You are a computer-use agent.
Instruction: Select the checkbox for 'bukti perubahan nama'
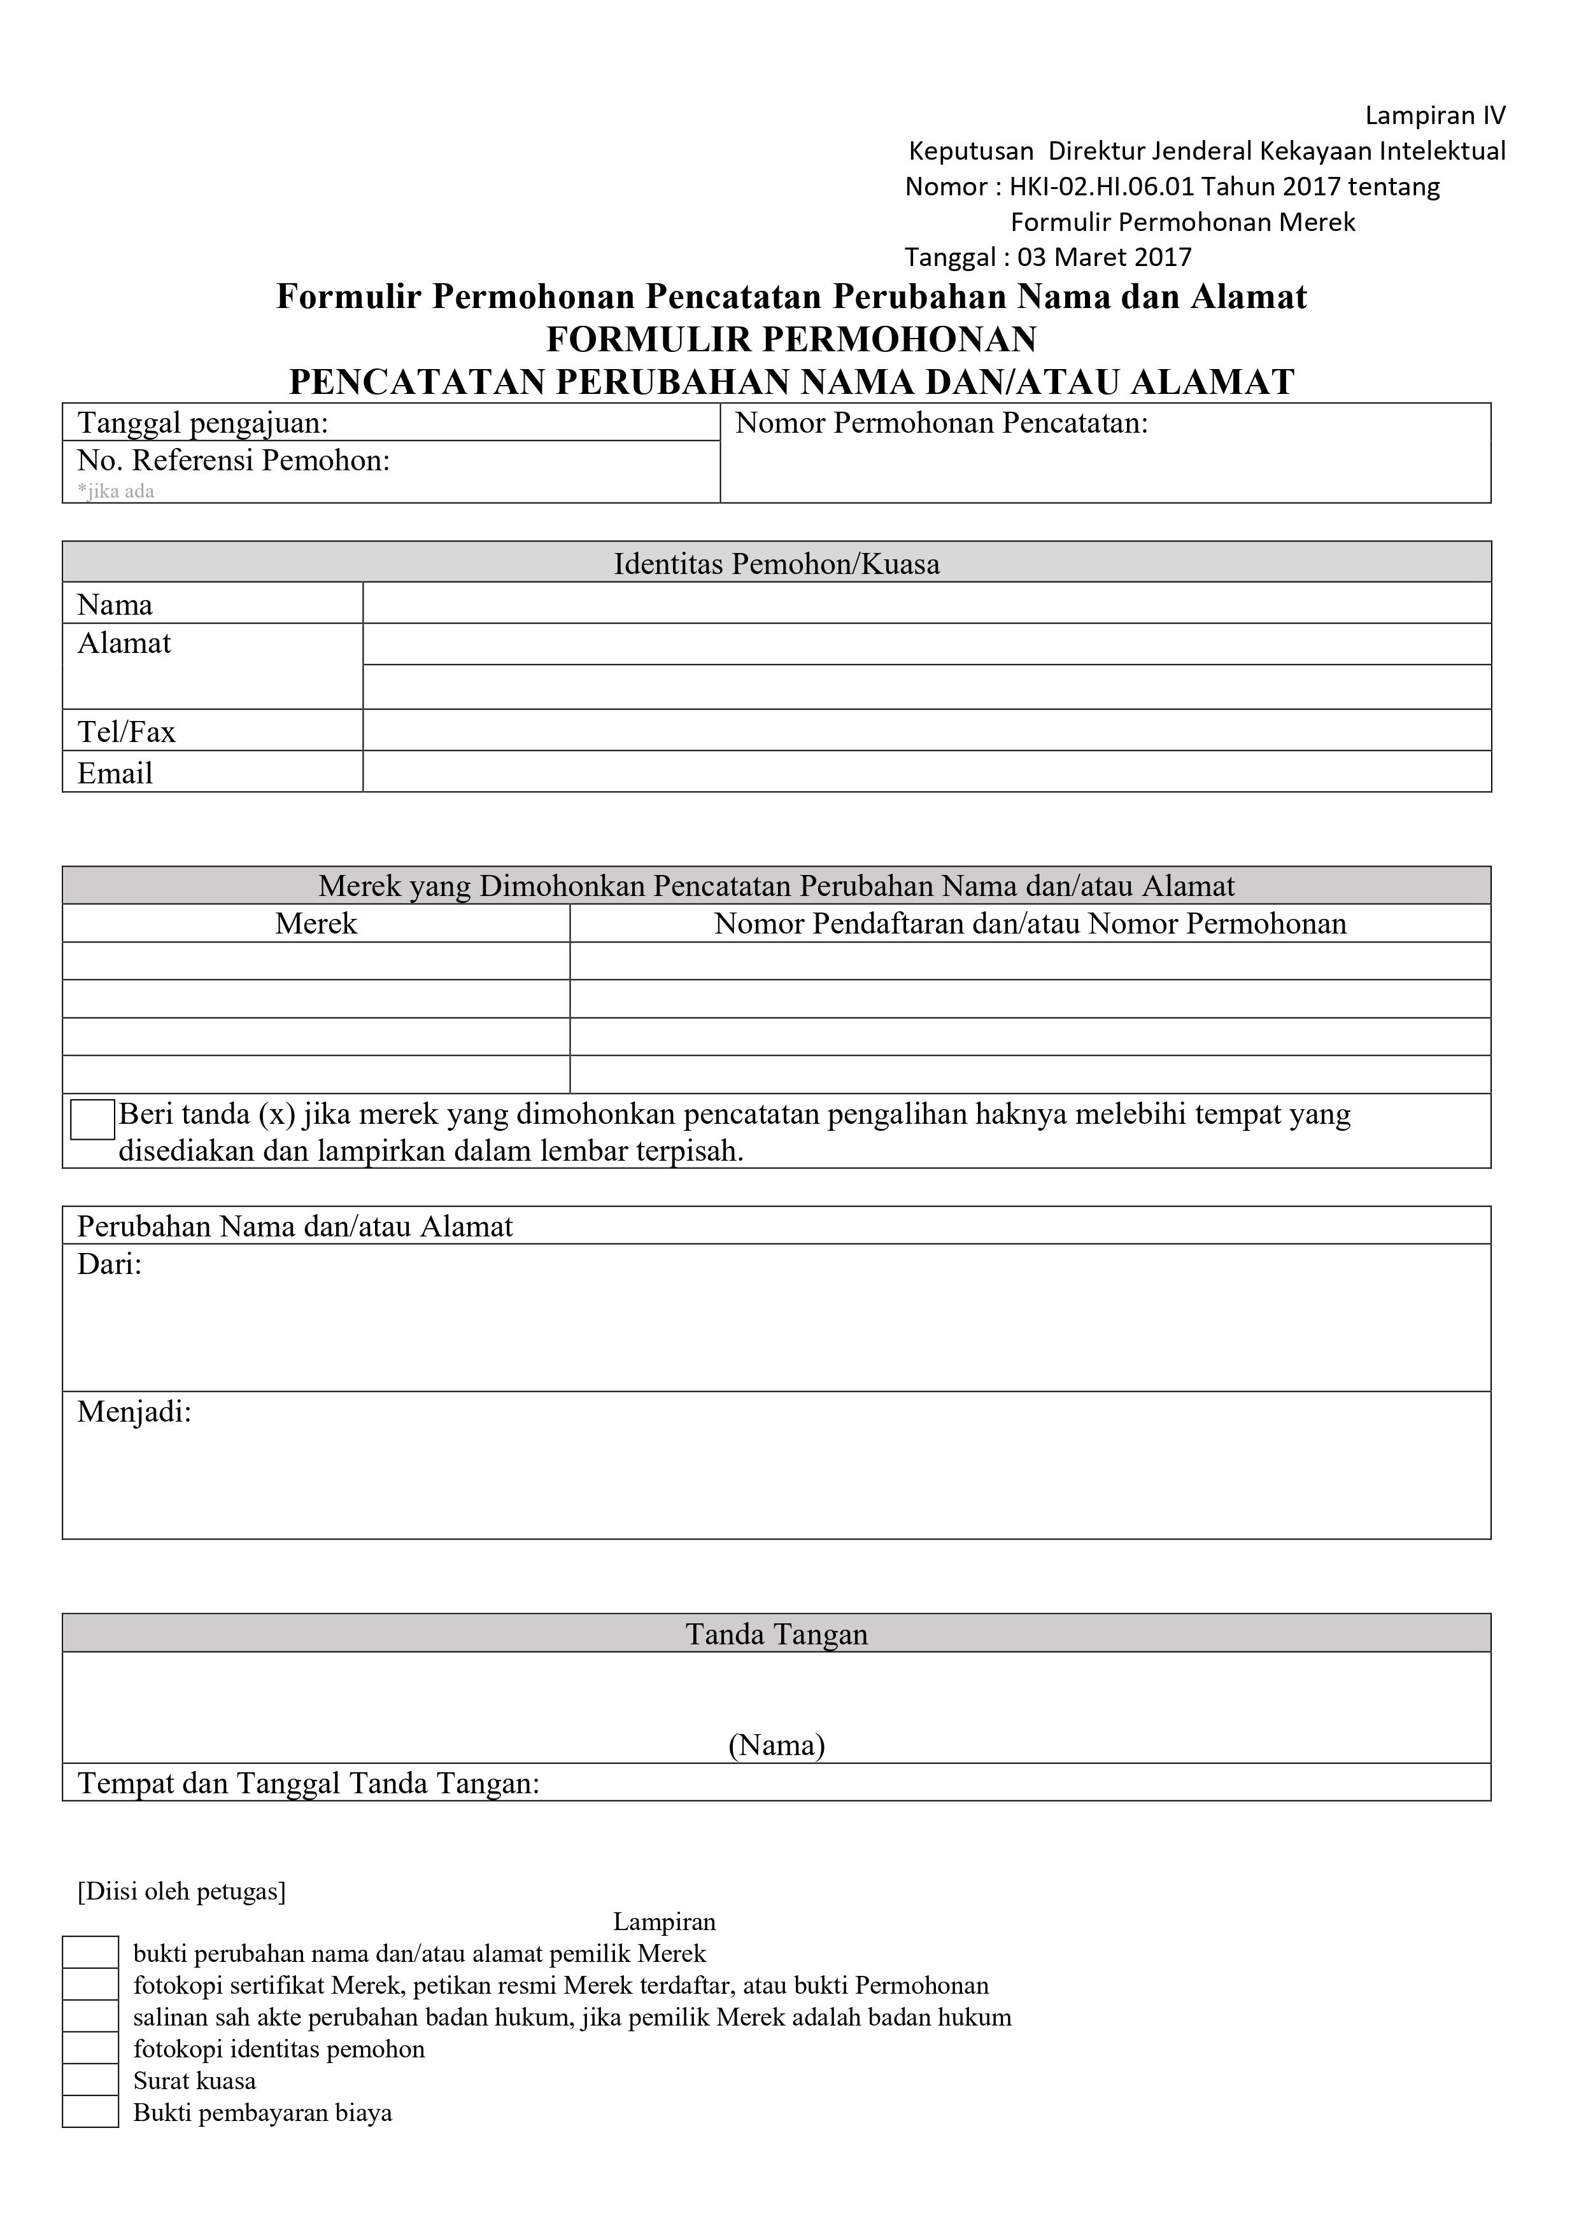(x=90, y=1953)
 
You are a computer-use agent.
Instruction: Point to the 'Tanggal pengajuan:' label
(x=202, y=424)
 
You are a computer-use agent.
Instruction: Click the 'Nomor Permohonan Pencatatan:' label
(x=941, y=424)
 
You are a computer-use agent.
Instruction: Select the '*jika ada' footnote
(x=116, y=491)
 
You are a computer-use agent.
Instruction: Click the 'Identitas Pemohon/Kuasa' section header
(x=776, y=564)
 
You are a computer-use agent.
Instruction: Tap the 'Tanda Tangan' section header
(x=776, y=1634)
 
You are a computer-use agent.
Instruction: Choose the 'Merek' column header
(x=316, y=924)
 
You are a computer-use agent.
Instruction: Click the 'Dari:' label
(x=110, y=1265)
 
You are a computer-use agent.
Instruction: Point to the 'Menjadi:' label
(x=134, y=1412)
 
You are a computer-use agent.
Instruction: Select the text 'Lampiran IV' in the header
(x=1435, y=116)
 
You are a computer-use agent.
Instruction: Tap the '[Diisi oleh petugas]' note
(x=182, y=1891)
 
